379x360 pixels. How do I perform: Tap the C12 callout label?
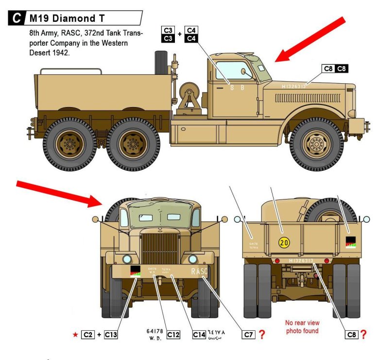click(174, 334)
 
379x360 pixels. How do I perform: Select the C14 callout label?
click(199, 334)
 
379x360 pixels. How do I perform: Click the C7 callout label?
click(248, 334)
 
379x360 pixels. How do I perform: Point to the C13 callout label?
click(111, 334)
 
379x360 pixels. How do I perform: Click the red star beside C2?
click(75, 334)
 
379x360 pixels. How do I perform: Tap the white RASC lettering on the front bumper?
click(199, 271)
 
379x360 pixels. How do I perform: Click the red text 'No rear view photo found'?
click(302, 326)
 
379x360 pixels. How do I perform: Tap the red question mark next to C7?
click(261, 334)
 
